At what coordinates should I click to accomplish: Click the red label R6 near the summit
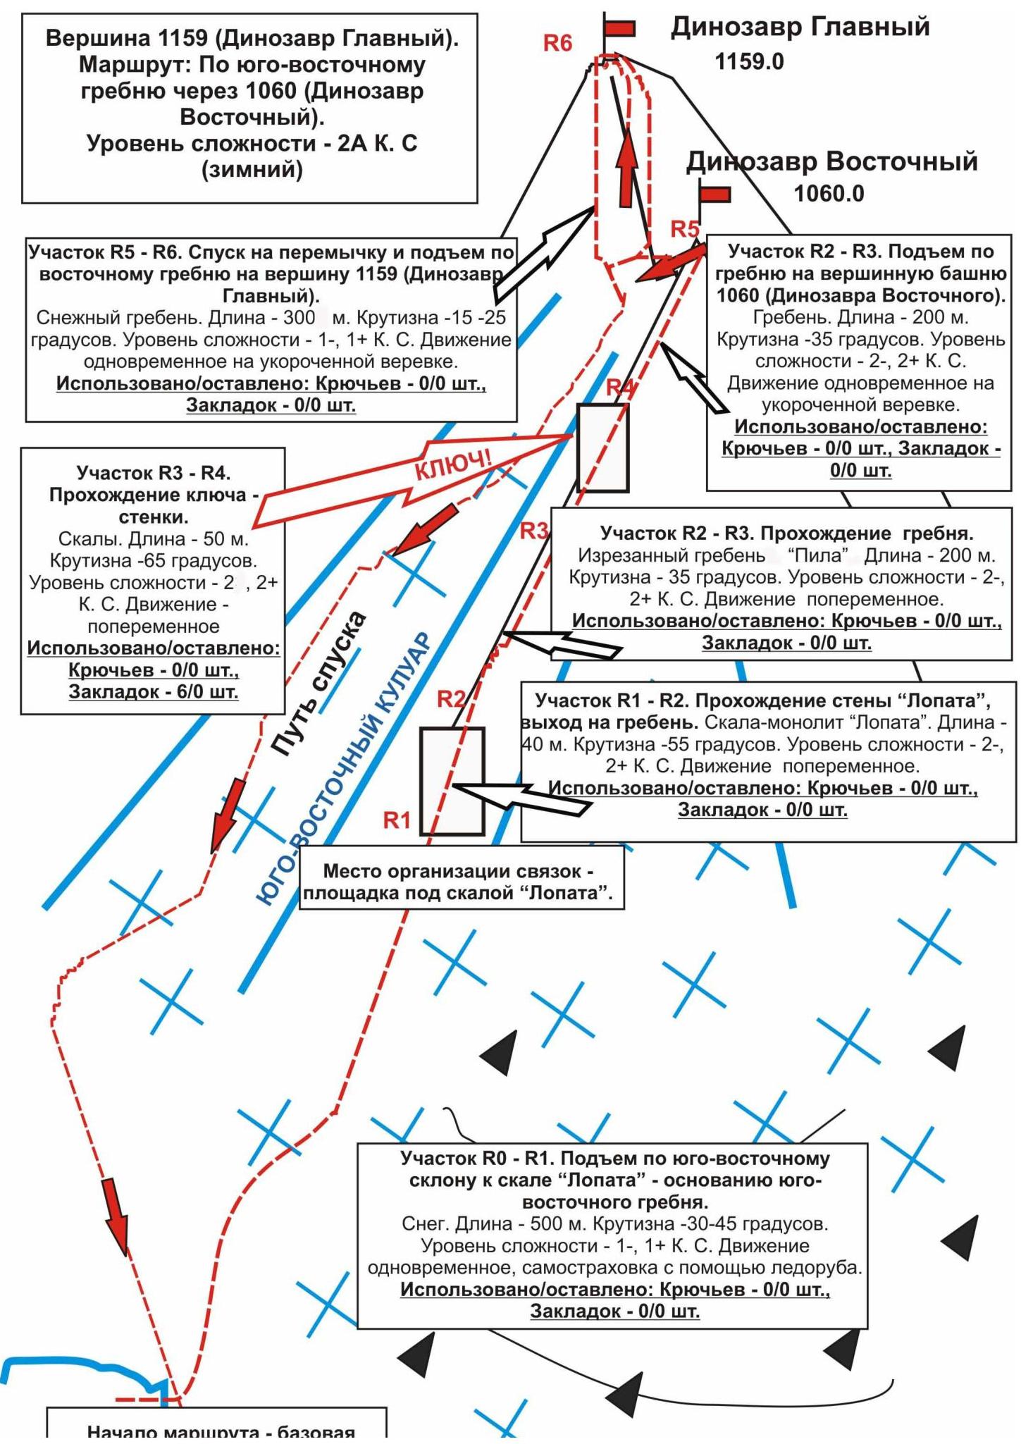pyautogui.click(x=557, y=44)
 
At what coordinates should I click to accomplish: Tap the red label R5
pyautogui.click(x=684, y=229)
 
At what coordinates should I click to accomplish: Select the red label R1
pyautogui.click(x=397, y=820)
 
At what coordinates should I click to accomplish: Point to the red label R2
pyautogui.click(x=451, y=699)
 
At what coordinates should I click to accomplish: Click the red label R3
pyautogui.click(x=534, y=531)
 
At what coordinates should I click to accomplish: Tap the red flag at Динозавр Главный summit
pyautogui.click(x=620, y=28)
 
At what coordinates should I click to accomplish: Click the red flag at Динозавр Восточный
pyautogui.click(x=714, y=194)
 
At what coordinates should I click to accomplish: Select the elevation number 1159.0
pyautogui.click(x=749, y=62)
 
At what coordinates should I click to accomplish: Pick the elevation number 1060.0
pyautogui.click(x=829, y=194)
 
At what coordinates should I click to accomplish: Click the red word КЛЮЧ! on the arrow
pyautogui.click(x=452, y=466)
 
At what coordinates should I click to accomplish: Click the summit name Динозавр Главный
pyautogui.click(x=800, y=27)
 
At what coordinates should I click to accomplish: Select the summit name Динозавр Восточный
pyautogui.click(x=832, y=161)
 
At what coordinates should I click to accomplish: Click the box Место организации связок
pyautogui.click(x=462, y=882)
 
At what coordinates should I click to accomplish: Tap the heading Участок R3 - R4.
pyautogui.click(x=154, y=472)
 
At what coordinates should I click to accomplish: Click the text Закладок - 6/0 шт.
pyautogui.click(x=154, y=691)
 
